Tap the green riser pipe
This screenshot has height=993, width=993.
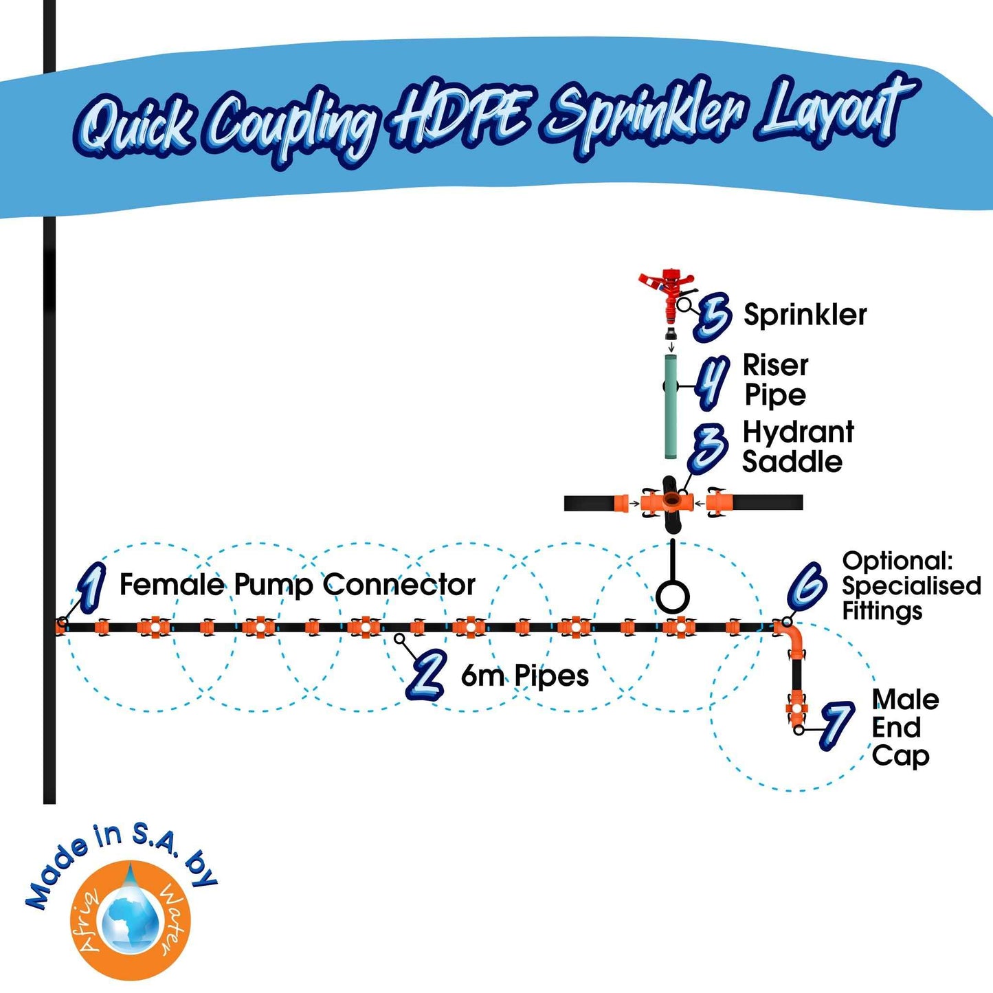coord(671,406)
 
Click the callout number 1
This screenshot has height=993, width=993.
coord(92,588)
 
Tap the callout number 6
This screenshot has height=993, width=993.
coord(808,585)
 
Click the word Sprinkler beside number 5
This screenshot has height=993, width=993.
coord(805,315)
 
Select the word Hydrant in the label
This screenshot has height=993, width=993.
coord(798,432)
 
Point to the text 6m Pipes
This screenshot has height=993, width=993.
coord(524,676)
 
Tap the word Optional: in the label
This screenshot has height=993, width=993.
coord(897,561)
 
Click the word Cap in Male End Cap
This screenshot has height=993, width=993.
coord(900,756)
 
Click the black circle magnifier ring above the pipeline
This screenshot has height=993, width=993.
coord(672,596)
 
